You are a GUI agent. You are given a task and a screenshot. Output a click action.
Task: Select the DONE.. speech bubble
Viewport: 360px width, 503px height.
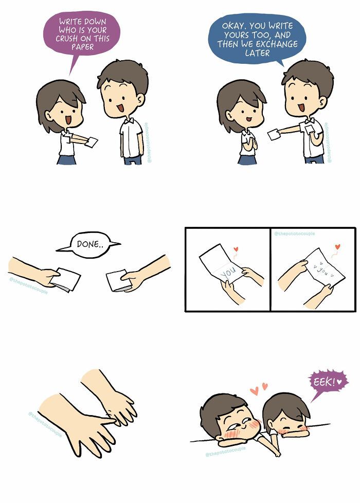tap(89, 245)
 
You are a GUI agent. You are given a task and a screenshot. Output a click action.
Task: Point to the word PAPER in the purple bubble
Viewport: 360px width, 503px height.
tap(82, 47)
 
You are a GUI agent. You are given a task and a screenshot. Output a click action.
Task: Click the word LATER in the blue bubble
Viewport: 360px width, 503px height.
tap(257, 53)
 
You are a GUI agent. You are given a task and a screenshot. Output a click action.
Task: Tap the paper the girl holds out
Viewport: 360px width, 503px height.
tap(92, 141)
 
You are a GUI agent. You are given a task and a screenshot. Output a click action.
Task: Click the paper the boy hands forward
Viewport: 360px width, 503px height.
tap(274, 134)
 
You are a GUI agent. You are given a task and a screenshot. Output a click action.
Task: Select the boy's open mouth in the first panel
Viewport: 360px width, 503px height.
tap(120, 107)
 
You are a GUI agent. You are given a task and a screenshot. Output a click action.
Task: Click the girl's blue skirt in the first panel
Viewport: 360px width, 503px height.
tap(67, 160)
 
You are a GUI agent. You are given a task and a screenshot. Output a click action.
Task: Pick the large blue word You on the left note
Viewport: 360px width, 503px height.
tap(229, 272)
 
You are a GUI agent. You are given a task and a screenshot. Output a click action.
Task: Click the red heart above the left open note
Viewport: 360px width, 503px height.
tap(236, 248)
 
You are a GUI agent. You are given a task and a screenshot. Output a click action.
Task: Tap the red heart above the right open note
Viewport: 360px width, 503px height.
tap(337, 247)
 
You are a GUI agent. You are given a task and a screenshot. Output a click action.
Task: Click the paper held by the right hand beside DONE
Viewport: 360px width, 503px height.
tap(117, 281)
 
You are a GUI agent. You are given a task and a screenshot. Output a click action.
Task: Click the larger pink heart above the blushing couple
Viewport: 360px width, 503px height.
tap(254, 391)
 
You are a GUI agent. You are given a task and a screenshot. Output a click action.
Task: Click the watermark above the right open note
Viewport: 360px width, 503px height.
tap(294, 233)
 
